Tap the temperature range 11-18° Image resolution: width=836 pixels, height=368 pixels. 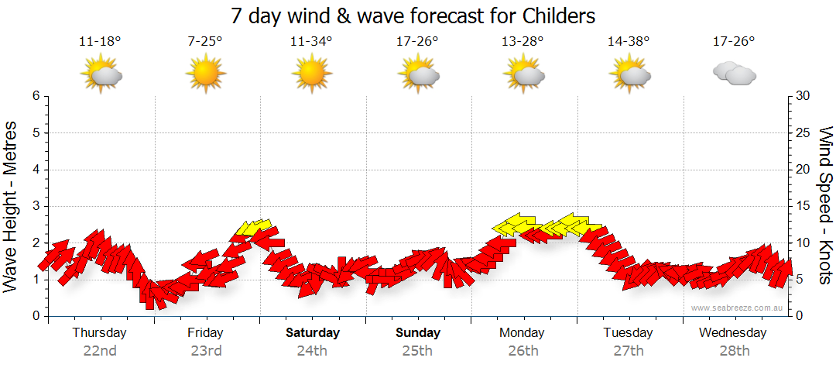pyautogui.click(x=100, y=42)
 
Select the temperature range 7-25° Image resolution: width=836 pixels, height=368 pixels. pyautogui.click(x=205, y=42)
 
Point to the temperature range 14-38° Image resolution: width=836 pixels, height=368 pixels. pyautogui.click(x=628, y=42)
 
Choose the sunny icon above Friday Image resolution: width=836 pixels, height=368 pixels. pyautogui.click(x=205, y=74)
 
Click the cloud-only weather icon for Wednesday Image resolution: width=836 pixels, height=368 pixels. pyautogui.click(x=734, y=74)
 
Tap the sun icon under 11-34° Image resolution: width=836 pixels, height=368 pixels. pyautogui.click(x=311, y=74)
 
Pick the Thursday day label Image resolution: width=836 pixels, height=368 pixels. pyautogui.click(x=100, y=332)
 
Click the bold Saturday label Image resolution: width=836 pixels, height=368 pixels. pyautogui.click(x=313, y=332)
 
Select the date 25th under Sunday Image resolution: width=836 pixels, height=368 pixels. pyautogui.click(x=417, y=350)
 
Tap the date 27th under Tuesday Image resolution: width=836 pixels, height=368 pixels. pyautogui.click(x=629, y=350)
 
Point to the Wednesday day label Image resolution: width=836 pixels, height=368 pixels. pyautogui.click(x=732, y=332)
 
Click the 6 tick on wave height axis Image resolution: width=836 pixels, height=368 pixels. pyautogui.click(x=36, y=96)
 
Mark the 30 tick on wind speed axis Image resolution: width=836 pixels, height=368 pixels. pyautogui.click(x=803, y=96)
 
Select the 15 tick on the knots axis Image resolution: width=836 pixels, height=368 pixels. pyautogui.click(x=803, y=206)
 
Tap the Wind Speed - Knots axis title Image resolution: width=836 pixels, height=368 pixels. pyautogui.click(x=825, y=206)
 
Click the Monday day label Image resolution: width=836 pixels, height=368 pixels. pyautogui.click(x=522, y=332)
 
